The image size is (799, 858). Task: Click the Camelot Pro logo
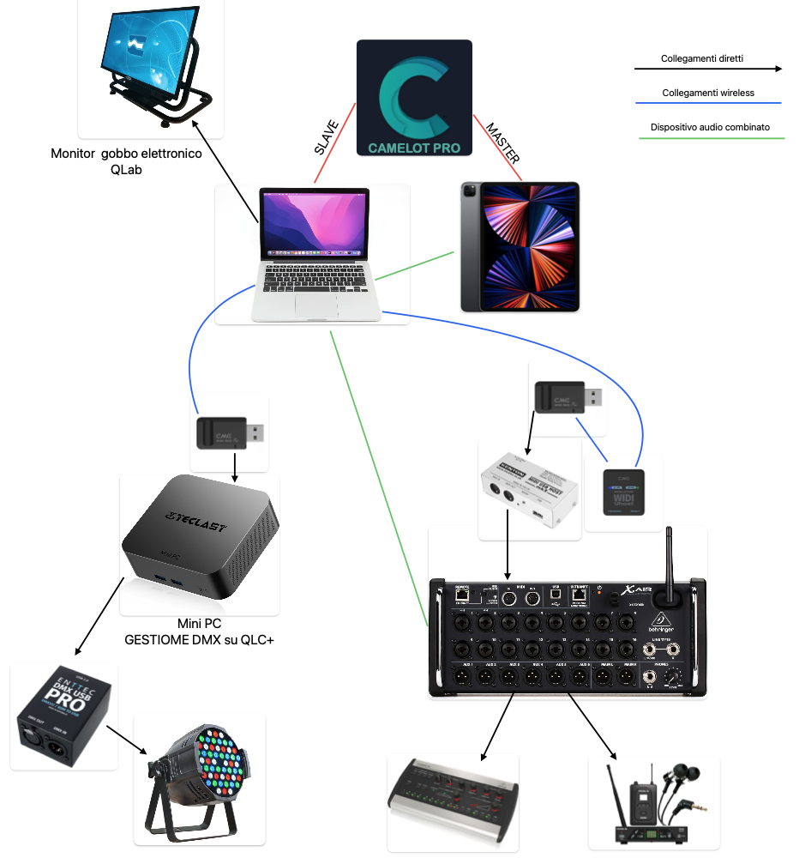[x=414, y=98]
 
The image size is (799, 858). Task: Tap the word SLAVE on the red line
[x=327, y=136]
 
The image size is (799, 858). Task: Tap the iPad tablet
[x=520, y=246]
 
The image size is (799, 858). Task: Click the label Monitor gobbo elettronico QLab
[x=126, y=161]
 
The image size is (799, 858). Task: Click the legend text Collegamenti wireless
[x=708, y=93]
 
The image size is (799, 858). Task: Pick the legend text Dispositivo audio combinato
[x=710, y=127]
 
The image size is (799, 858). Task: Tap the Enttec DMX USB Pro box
[x=63, y=715]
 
